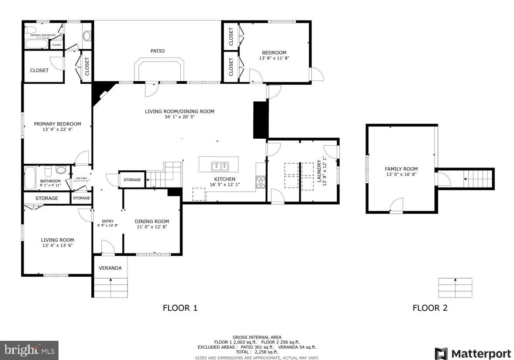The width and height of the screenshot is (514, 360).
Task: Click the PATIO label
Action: [x=158, y=51]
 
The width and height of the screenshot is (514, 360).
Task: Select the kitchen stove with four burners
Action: [x=260, y=182]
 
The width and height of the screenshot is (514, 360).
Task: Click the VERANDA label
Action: [x=110, y=268]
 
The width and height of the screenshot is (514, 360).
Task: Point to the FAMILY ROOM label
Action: [x=401, y=169]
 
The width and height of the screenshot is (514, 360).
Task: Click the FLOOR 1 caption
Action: [x=180, y=308]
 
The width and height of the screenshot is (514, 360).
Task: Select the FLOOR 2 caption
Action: [x=430, y=308]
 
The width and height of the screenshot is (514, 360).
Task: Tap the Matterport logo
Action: [x=473, y=353]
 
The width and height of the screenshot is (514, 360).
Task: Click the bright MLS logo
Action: [x=29, y=350]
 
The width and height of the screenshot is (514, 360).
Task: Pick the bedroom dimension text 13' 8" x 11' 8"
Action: [x=274, y=58]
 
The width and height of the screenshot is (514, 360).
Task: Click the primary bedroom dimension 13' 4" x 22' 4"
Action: [x=57, y=130]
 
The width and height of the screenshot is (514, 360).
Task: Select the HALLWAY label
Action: [x=82, y=178]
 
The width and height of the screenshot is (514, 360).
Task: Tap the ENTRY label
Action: [x=107, y=221]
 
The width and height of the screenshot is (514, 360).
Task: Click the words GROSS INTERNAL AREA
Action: [x=257, y=337]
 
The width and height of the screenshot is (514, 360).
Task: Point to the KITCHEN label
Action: [x=224, y=179]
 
